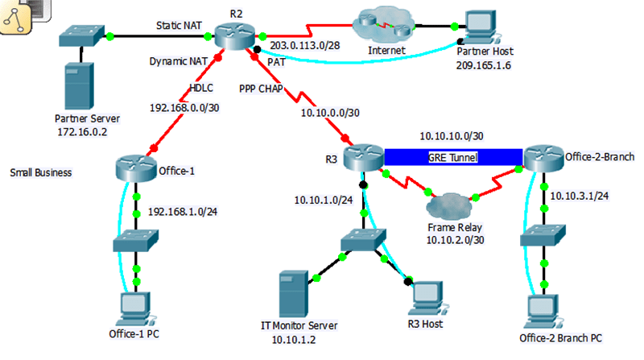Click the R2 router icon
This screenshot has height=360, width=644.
235,37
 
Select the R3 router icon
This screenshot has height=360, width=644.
363,156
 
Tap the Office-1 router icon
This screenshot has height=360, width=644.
135,169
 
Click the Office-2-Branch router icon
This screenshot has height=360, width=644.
543,156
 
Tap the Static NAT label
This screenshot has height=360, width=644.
179,26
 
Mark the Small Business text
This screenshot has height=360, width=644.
41,172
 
